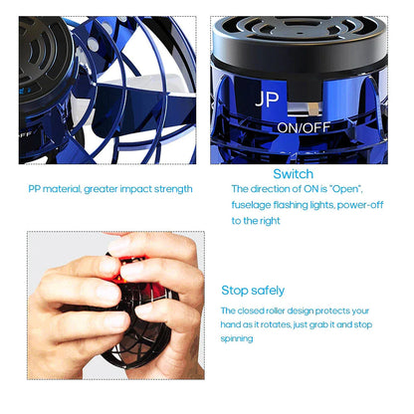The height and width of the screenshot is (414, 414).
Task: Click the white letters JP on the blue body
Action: click(268, 100)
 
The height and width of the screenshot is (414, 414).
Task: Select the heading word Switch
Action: click(292, 173)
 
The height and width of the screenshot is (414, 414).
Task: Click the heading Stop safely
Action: click(253, 291)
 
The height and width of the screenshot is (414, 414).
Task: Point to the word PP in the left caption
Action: click(35, 188)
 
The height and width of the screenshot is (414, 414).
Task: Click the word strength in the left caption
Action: click(173, 188)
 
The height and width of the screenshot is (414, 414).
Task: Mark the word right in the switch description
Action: click(256, 220)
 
